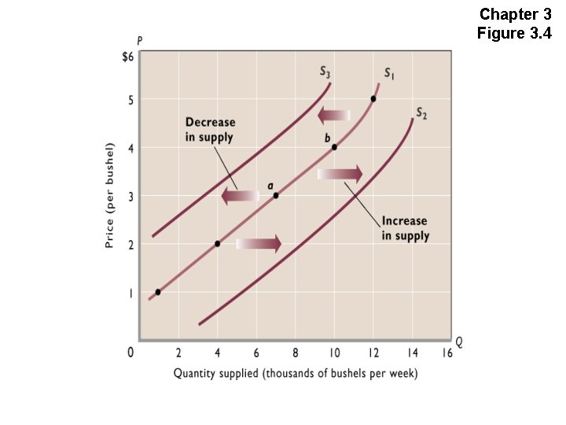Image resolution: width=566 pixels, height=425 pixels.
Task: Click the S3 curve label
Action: [x=325, y=72]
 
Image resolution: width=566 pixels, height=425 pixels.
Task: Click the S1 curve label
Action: [x=389, y=73]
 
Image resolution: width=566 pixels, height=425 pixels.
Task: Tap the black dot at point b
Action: [x=334, y=147]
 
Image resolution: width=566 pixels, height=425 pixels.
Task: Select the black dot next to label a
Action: [x=276, y=195]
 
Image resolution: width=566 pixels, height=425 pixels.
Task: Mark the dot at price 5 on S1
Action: [x=373, y=98]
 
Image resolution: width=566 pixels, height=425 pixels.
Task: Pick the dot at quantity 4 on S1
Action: [x=218, y=244]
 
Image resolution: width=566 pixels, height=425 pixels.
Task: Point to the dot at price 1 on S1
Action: [x=158, y=292]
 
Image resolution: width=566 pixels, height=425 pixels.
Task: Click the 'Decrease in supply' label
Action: [x=210, y=130]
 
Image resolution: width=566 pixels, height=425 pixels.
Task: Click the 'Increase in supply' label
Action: [x=406, y=228]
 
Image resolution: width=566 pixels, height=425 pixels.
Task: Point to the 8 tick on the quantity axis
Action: [x=295, y=353]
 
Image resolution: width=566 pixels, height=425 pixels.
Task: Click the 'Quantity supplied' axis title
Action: [x=296, y=373]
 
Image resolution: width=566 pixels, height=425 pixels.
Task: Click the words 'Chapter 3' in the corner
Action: [x=516, y=14]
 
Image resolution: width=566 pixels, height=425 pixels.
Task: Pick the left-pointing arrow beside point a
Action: [x=240, y=196]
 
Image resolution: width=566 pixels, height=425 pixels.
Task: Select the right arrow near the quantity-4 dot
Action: [x=259, y=244]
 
